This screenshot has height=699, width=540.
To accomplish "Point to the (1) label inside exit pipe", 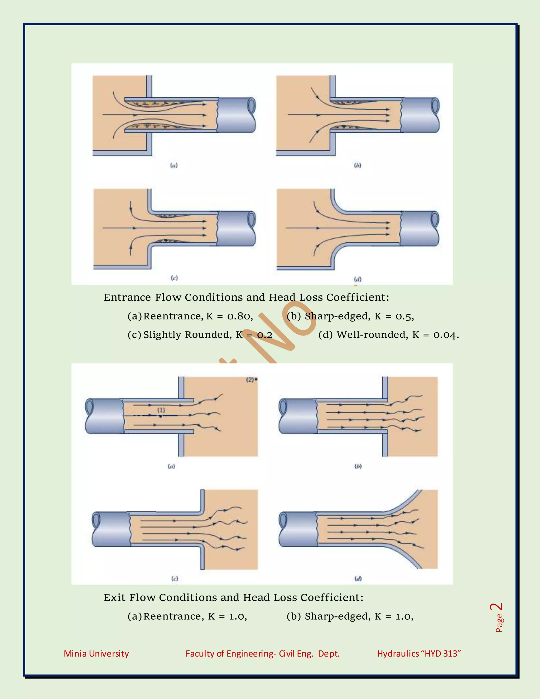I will click(161, 410).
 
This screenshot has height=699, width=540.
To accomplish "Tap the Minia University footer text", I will click(96, 654).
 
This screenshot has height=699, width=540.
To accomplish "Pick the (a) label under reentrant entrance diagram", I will click(173, 165).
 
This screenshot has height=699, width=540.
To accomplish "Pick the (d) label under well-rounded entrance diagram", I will click(358, 279).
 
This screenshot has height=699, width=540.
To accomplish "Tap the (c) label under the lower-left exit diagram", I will click(174, 579).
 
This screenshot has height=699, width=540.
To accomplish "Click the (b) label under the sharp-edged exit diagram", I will click(358, 466).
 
